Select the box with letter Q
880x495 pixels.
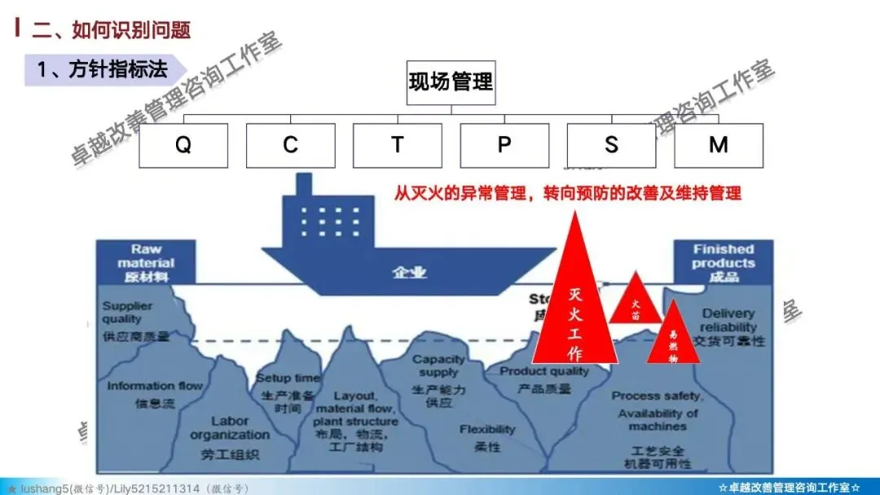[x=183, y=145]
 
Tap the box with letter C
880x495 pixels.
[x=290, y=145]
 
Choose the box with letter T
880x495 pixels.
[x=397, y=145]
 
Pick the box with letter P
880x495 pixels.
[x=504, y=145]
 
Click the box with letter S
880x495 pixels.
[x=611, y=145]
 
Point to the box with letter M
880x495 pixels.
[x=718, y=145]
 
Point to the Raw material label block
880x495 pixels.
[x=147, y=262]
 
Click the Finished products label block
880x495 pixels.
[x=723, y=262]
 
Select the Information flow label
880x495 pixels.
[x=154, y=394]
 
